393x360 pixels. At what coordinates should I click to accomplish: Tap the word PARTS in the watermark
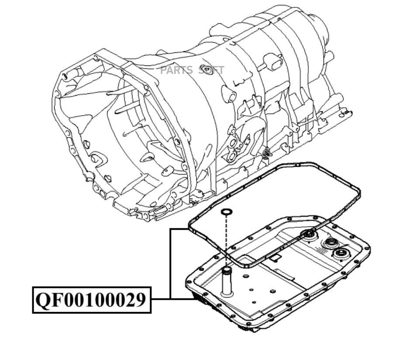coord(176,70)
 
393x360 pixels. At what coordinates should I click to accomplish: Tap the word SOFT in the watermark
coord(211,70)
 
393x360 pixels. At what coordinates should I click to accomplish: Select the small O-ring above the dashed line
coord(227,212)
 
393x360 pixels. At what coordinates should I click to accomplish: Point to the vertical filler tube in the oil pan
coord(227,281)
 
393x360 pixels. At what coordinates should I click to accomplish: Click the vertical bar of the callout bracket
coord(171,264)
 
